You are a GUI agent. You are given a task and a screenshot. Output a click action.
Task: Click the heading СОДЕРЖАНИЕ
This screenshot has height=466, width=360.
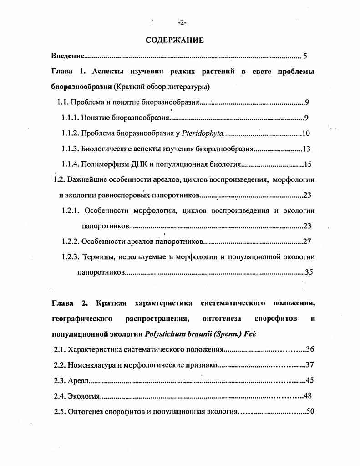[x=175, y=40]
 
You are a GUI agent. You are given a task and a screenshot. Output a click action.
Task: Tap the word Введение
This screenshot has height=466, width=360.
[x=68, y=56]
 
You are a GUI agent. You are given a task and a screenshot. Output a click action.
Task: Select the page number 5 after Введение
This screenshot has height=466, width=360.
[x=305, y=56]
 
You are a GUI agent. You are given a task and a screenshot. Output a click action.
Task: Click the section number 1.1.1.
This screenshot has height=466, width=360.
[x=70, y=118]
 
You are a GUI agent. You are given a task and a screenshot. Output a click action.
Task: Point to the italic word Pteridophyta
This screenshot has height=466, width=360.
[x=203, y=133]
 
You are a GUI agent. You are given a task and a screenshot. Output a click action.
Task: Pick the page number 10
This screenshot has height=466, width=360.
[x=306, y=133]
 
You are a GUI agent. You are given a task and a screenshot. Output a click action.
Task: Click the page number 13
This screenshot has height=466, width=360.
[x=307, y=149]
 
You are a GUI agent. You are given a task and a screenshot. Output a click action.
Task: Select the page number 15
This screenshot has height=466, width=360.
[x=307, y=164]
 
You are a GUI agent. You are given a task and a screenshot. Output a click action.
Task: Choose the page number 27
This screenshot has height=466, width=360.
[x=307, y=241]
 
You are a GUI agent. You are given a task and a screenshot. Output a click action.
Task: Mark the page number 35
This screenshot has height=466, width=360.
[x=309, y=272]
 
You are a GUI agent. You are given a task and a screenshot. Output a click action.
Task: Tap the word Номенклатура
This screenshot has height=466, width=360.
[x=92, y=365]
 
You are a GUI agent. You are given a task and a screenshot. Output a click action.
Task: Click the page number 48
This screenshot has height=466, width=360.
[x=307, y=396]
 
